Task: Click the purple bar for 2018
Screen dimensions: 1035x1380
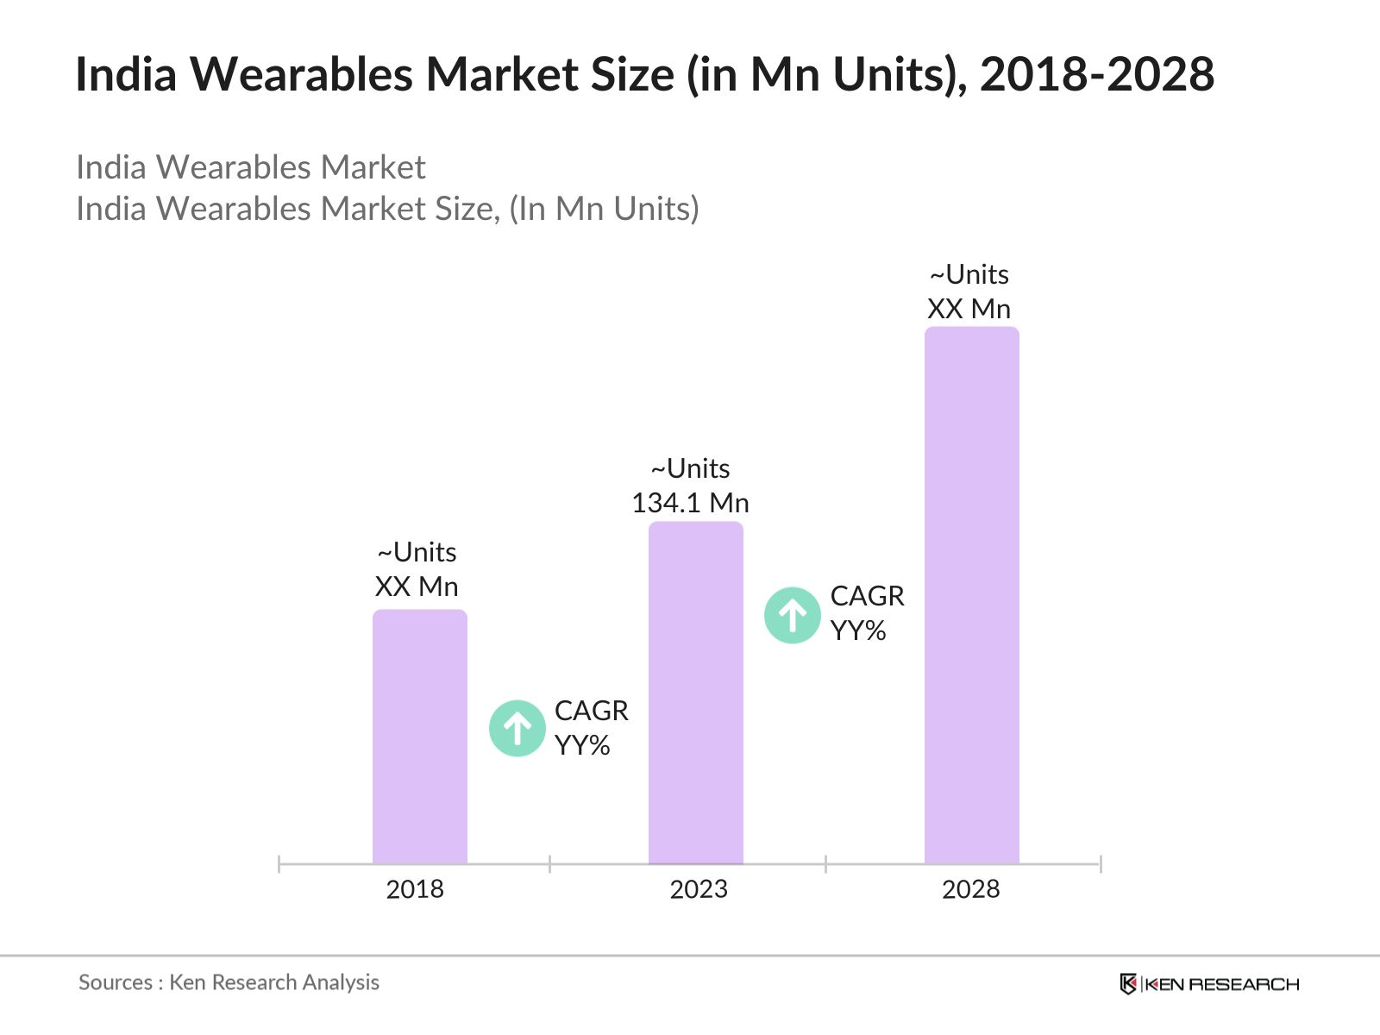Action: coord(419,737)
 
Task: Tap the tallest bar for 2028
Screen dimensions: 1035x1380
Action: coord(971,595)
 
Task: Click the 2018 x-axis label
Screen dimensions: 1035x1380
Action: coord(415,889)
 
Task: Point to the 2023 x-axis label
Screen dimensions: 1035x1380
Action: coord(699,889)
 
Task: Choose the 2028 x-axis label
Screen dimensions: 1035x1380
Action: coord(970,889)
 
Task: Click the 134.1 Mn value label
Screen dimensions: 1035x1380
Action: coord(690,503)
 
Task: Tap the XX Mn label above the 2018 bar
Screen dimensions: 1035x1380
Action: coord(417,586)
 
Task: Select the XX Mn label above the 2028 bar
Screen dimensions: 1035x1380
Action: coord(969,309)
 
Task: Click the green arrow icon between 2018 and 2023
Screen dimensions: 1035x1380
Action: coord(517,729)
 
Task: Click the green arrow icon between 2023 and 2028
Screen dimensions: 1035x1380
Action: coord(792,616)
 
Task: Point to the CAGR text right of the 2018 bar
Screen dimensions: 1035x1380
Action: coord(591,711)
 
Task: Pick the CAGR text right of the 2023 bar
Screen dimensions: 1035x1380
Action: coord(867,596)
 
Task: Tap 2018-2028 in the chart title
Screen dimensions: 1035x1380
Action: coord(1097,74)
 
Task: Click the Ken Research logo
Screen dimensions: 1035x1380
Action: coord(1209,984)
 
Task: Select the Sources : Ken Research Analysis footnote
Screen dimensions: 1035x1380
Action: coord(229,982)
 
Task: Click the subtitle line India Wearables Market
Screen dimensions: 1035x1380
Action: coord(250,167)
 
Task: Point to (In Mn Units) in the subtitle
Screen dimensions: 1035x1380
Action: coord(604,209)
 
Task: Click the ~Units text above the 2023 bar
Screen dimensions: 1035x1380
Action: coord(690,468)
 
